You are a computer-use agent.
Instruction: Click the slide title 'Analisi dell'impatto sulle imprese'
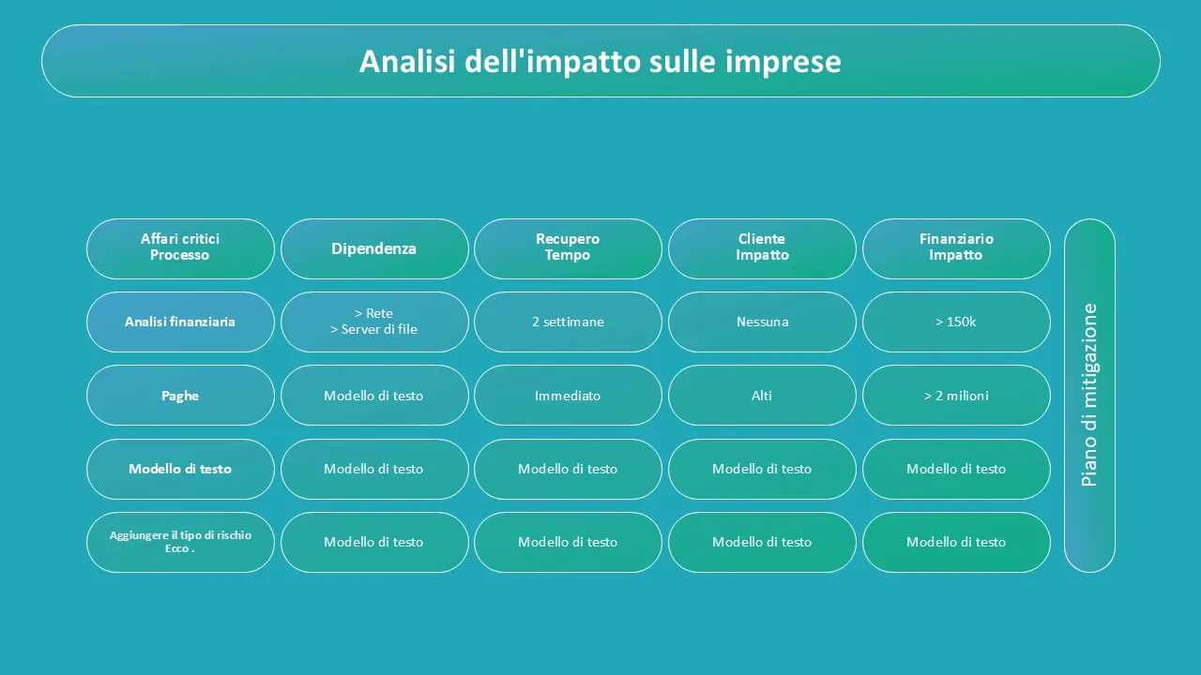(600, 61)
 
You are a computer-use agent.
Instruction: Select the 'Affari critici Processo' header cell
(180, 248)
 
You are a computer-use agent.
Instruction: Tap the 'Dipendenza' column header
(374, 248)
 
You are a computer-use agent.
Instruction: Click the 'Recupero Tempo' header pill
(568, 248)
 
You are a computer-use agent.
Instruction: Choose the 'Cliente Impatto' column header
(762, 248)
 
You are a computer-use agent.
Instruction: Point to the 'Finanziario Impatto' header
(956, 248)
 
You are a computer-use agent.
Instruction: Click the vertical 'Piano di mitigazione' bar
(1089, 396)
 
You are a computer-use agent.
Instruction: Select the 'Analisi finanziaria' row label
(180, 322)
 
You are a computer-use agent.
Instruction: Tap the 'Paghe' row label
(180, 396)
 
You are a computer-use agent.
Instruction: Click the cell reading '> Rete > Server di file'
(374, 322)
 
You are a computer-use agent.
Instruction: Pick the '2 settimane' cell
(568, 322)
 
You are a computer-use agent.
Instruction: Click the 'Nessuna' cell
(762, 322)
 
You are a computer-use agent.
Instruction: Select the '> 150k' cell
(956, 322)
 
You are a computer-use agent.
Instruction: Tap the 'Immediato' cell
(568, 396)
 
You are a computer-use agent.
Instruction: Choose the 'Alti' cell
(762, 396)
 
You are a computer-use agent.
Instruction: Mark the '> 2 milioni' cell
(956, 396)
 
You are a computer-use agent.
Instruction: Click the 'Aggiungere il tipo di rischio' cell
(180, 542)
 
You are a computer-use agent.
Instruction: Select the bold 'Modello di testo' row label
(180, 469)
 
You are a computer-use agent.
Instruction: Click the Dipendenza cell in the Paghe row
(374, 396)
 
